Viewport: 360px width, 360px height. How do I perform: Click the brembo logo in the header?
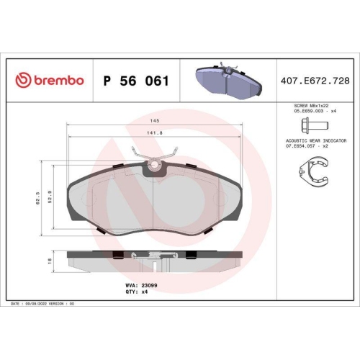coord(49,80)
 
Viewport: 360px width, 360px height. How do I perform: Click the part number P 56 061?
coord(136,81)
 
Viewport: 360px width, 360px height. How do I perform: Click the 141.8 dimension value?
coord(156,132)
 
